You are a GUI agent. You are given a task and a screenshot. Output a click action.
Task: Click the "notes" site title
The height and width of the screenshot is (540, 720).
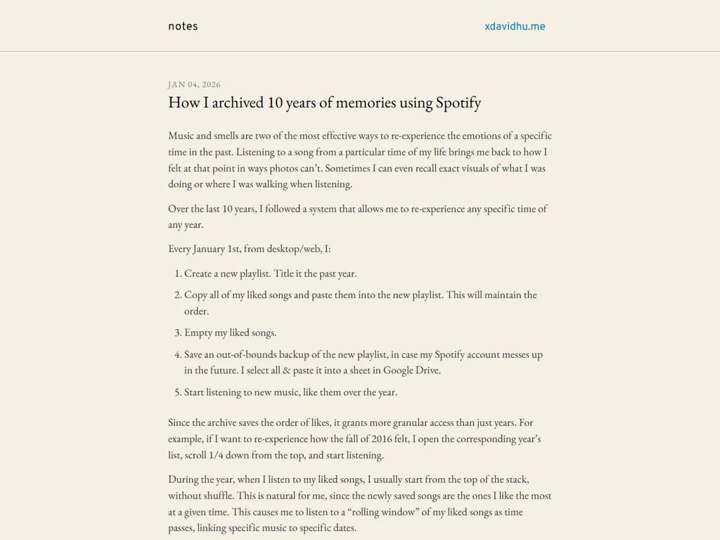click(183, 27)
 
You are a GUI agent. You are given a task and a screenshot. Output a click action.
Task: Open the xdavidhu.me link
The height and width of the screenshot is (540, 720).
click(515, 27)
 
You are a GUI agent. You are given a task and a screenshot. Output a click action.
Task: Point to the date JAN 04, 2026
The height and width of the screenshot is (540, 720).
click(194, 84)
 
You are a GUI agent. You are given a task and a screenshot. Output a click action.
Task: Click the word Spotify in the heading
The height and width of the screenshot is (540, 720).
click(458, 103)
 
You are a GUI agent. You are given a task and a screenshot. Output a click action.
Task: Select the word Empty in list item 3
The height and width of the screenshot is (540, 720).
click(198, 333)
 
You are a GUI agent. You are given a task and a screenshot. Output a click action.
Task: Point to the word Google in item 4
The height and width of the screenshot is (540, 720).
click(399, 371)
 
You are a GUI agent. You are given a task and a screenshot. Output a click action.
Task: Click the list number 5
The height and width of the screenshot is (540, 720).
click(177, 392)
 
